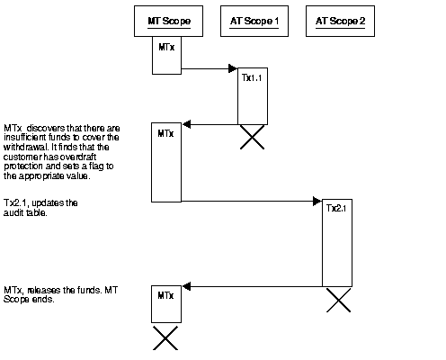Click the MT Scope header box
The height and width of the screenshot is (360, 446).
pyautogui.click(x=168, y=21)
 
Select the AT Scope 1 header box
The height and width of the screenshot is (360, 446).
pyautogui.click(x=253, y=21)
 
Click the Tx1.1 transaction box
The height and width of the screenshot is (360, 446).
pyautogui.click(x=252, y=94)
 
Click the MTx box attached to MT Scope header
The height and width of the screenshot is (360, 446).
pyautogui.click(x=165, y=55)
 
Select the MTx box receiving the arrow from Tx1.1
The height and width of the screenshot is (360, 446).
pyautogui.click(x=166, y=162)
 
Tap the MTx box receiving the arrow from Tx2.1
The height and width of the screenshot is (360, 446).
pyautogui.click(x=166, y=304)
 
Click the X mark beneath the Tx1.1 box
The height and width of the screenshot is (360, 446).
pyautogui.click(x=252, y=138)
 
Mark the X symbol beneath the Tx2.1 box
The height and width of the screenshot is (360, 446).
pyautogui.click(x=337, y=300)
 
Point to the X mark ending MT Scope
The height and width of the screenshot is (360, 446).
pyautogui.click(x=166, y=337)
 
